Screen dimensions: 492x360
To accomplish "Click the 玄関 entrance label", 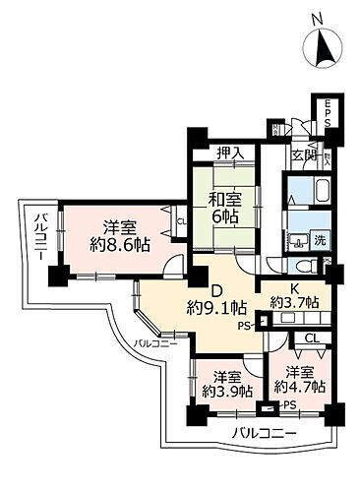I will pyautogui.click(x=301, y=155).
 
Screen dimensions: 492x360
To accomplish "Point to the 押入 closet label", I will pyautogui.click(x=232, y=154).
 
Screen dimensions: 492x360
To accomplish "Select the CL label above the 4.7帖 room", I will pyautogui.click(x=311, y=339).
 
